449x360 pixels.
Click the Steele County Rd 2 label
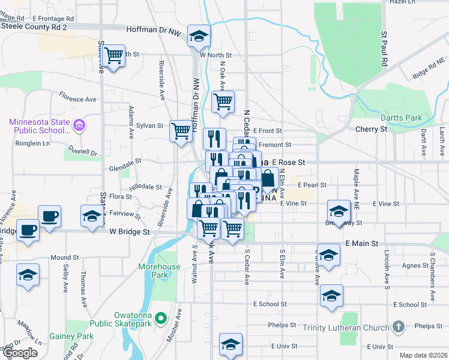click(34, 27)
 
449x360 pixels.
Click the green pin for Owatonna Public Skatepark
click(160, 317)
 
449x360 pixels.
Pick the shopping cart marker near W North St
click(113, 56)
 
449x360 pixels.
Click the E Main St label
click(362, 244)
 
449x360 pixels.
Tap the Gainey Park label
click(68, 337)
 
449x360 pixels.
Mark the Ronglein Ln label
click(32, 143)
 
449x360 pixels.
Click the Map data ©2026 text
click(423, 355)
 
